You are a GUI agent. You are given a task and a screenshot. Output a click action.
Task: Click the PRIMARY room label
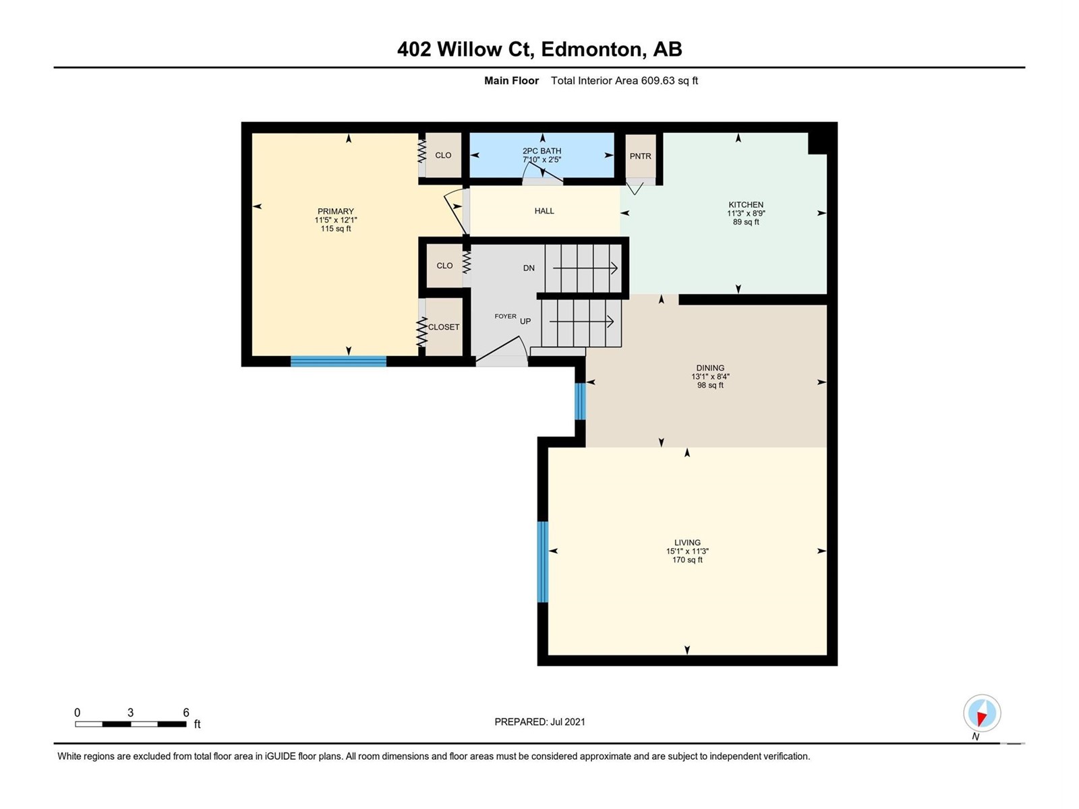coord(336,211)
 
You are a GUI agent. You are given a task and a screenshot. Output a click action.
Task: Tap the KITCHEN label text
coord(746,204)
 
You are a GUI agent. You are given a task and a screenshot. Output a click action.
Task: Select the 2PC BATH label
coord(542,151)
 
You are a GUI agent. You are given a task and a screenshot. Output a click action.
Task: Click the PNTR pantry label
coord(640,156)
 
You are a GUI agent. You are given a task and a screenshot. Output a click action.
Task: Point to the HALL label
coord(544,211)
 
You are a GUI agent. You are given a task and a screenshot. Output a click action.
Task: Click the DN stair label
coord(529,268)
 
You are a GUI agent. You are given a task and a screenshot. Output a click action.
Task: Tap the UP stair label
coord(525,322)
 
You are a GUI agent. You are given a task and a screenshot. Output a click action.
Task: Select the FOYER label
coord(505,316)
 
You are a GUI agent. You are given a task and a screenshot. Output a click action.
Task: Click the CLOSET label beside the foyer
coord(443,327)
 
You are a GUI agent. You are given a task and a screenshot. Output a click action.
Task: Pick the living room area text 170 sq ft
coord(687,560)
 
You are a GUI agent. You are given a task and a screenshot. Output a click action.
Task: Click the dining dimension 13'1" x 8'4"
coord(710,377)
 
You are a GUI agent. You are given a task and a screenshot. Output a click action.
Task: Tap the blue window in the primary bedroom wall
coord(339,361)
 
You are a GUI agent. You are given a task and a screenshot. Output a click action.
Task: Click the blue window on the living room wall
coord(542,562)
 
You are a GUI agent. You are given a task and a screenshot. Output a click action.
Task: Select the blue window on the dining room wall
coord(580,401)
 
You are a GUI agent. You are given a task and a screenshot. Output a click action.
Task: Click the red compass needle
coord(981,719)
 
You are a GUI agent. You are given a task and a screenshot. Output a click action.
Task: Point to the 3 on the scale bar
coord(130,712)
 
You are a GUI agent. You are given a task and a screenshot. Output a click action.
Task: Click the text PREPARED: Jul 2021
coord(539,721)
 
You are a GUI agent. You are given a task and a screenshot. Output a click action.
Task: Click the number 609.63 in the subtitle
coord(658,80)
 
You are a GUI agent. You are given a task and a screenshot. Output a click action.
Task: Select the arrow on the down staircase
coord(585,268)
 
